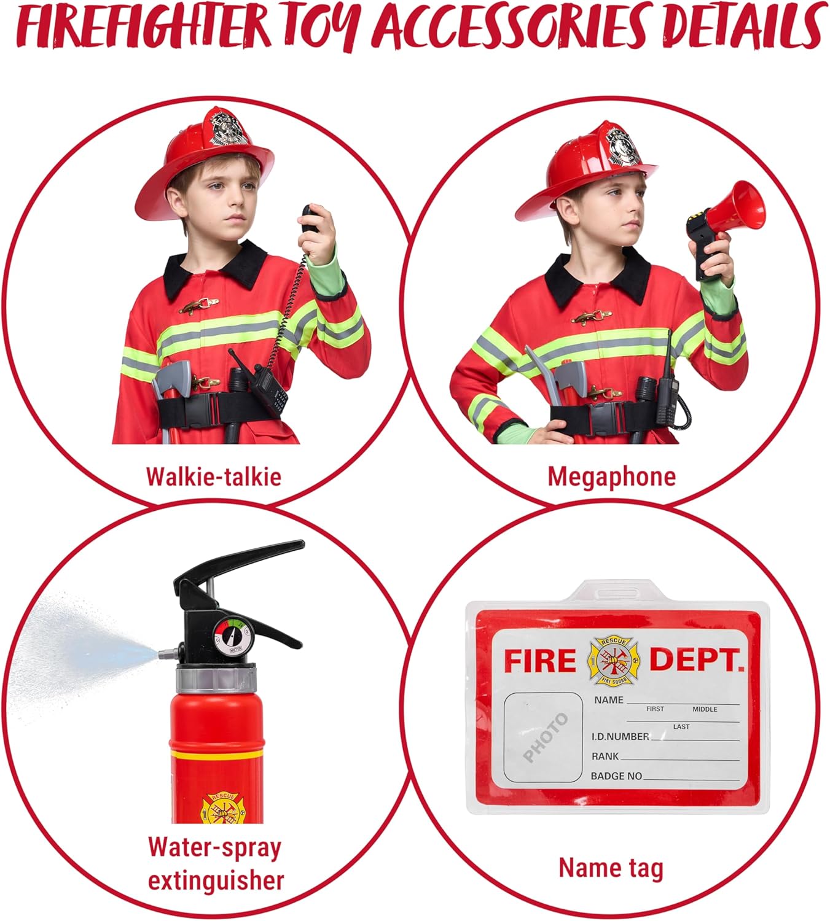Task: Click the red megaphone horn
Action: pos(740,209)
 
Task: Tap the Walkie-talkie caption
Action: pos(213,476)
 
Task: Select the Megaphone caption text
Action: pos(611,476)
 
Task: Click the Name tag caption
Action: pos(611,868)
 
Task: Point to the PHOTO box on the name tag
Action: pos(544,737)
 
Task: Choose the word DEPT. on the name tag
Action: pos(697,661)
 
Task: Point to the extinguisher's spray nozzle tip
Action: pos(162,655)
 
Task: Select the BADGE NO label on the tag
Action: pos(616,776)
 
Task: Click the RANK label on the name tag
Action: pos(605,756)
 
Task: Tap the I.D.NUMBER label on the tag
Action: pos(620,736)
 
